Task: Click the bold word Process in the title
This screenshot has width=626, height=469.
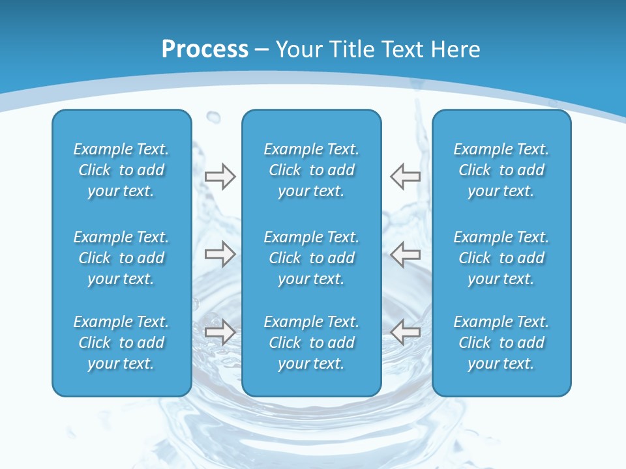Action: (x=205, y=50)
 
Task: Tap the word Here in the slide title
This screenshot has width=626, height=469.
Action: (x=456, y=50)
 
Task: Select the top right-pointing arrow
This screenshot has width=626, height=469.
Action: (x=220, y=176)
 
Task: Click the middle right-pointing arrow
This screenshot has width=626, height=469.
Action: (x=220, y=254)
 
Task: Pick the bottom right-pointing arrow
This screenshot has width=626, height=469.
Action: (x=220, y=332)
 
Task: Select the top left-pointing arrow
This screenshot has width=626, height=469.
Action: (x=405, y=176)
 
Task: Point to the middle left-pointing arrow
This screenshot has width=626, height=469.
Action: (x=405, y=254)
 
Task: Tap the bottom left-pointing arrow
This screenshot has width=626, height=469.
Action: (x=405, y=332)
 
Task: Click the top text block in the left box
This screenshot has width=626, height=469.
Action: (x=121, y=170)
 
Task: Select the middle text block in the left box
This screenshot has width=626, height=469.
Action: (x=121, y=258)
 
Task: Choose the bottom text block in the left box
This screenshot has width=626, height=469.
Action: (x=121, y=343)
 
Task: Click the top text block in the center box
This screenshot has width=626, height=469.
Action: (x=311, y=170)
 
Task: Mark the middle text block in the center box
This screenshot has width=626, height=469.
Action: (x=311, y=258)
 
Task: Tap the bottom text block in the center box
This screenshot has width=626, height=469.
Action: (x=311, y=343)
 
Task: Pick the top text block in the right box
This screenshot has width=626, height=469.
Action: (x=501, y=170)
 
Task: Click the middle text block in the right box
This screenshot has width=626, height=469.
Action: (x=501, y=258)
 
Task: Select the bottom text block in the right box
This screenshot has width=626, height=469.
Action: (x=501, y=343)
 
